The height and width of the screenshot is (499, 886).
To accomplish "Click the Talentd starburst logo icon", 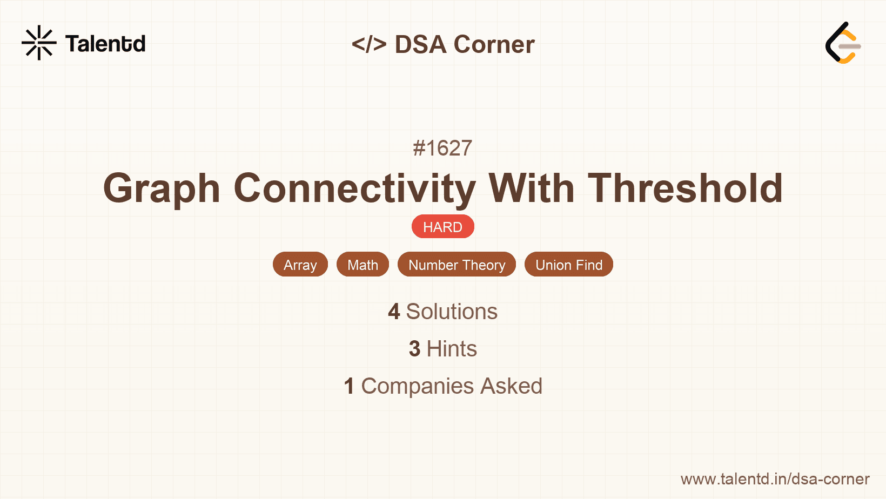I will (39, 43).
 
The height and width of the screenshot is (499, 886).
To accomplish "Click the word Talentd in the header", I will (105, 44).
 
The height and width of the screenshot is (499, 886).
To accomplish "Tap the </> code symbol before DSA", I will (369, 44).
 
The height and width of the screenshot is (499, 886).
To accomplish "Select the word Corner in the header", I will (494, 44).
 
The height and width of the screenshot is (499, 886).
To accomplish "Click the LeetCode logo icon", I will (843, 43).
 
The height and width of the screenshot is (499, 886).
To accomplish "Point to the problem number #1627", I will (442, 148).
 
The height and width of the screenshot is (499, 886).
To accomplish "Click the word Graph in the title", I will (162, 188).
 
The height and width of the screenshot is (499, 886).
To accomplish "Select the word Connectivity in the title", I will (354, 188).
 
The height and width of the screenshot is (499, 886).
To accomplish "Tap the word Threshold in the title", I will (685, 188).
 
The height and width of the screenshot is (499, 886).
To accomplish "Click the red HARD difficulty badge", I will (442, 227).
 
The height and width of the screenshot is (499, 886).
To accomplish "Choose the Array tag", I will (300, 265).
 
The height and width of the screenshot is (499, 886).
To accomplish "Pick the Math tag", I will (363, 265).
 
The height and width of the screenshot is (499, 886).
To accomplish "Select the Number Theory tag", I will (457, 265).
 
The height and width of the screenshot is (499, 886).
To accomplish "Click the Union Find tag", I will (568, 265).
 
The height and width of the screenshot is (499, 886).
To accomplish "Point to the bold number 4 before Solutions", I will (394, 312).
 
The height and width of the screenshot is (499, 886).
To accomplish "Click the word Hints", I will (452, 349).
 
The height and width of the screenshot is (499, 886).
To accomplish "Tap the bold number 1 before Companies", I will (349, 386).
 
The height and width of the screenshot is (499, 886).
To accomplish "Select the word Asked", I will (511, 386).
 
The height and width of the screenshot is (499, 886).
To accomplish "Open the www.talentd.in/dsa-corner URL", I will (775, 479).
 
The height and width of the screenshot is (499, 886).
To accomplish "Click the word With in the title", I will (532, 188).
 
